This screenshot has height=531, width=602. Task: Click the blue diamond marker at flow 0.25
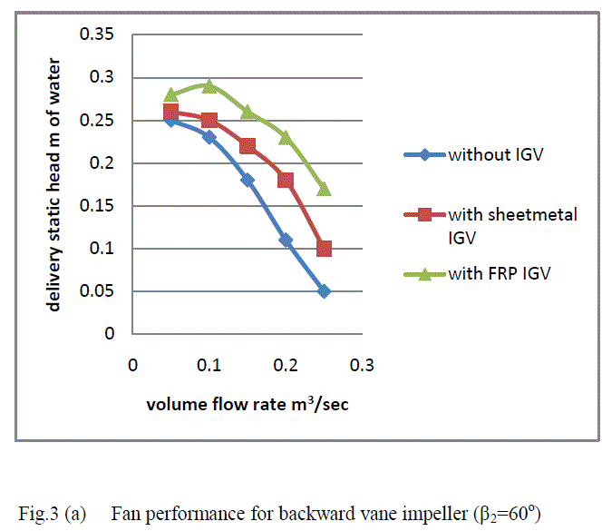pos(324,291)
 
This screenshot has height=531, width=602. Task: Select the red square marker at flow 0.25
pos(324,249)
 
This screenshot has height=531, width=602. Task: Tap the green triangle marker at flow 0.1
pos(209,86)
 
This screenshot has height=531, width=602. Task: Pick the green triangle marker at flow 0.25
pos(324,189)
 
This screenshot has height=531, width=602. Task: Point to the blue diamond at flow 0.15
pos(248,180)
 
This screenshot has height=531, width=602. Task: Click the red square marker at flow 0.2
pos(286,180)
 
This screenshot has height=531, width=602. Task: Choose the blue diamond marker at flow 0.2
pos(286,240)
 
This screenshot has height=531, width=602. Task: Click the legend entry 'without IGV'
pos(490,153)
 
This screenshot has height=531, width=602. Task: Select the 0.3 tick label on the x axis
pos(363,365)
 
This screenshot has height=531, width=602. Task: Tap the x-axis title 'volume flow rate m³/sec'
pos(248,405)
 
